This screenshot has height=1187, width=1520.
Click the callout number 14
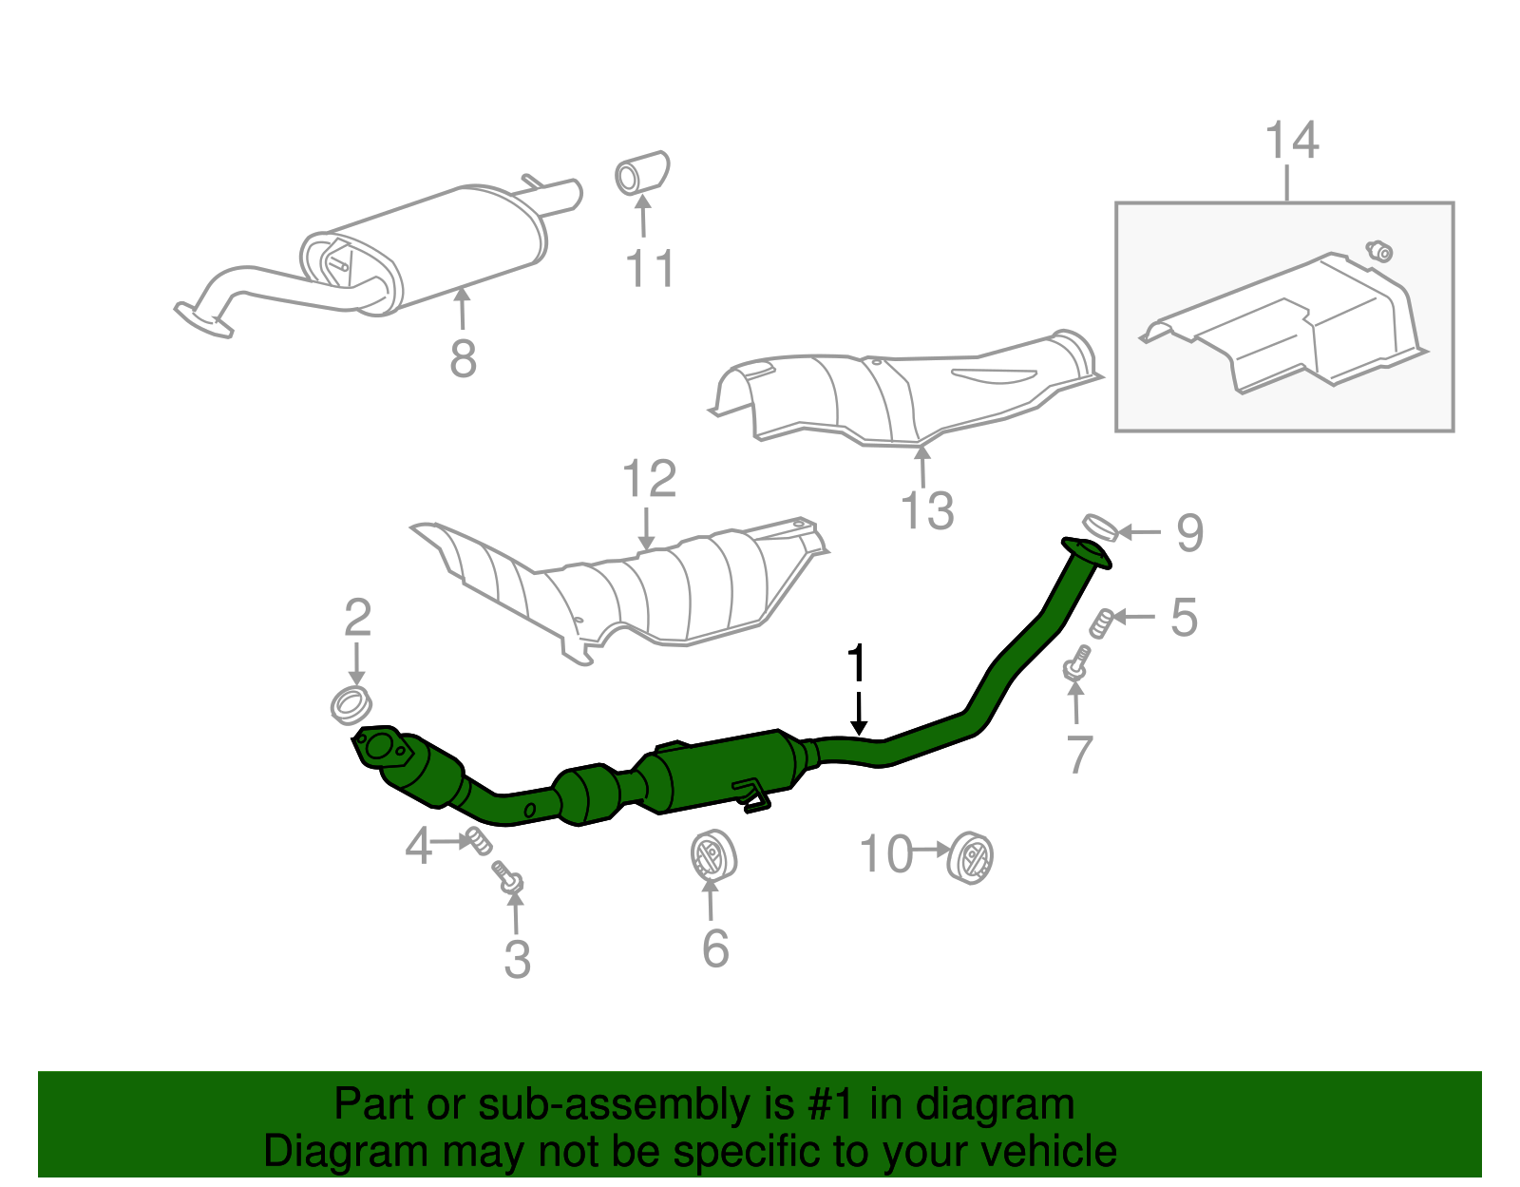click(1292, 141)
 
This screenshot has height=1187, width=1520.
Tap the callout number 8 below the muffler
click(463, 359)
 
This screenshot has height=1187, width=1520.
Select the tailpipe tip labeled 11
click(642, 173)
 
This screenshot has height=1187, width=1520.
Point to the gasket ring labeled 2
click(351, 705)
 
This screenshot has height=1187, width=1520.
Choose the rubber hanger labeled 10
click(971, 856)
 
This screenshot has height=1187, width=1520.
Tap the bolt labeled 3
click(508, 876)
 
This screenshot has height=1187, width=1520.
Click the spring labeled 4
click(477, 839)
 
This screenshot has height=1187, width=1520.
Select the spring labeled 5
click(1102, 622)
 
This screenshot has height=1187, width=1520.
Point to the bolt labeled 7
click(1076, 663)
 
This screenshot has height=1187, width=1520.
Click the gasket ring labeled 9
click(1100, 526)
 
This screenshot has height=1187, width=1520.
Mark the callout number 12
click(649, 480)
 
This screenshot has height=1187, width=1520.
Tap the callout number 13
click(927, 510)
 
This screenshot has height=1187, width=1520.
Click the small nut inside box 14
click(1379, 251)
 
